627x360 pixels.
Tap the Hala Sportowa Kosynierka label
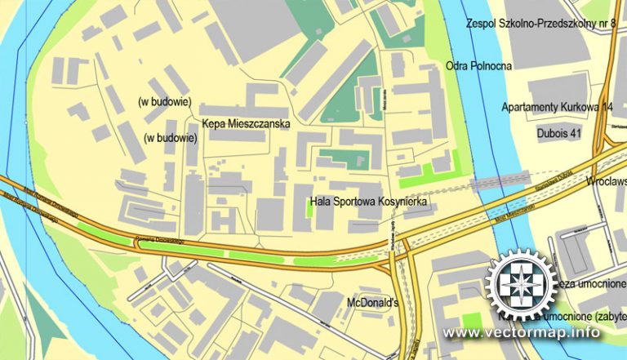coord(369,200)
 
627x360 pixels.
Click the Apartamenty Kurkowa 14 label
coord(557,107)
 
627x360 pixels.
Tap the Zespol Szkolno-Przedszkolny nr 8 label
coord(540,24)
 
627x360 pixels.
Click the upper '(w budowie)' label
coord(165,102)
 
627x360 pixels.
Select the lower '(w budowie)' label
coord(171,138)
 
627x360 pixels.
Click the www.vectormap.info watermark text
coord(522,333)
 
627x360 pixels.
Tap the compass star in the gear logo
coord(521,287)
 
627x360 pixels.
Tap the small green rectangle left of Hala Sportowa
coord(309,208)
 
